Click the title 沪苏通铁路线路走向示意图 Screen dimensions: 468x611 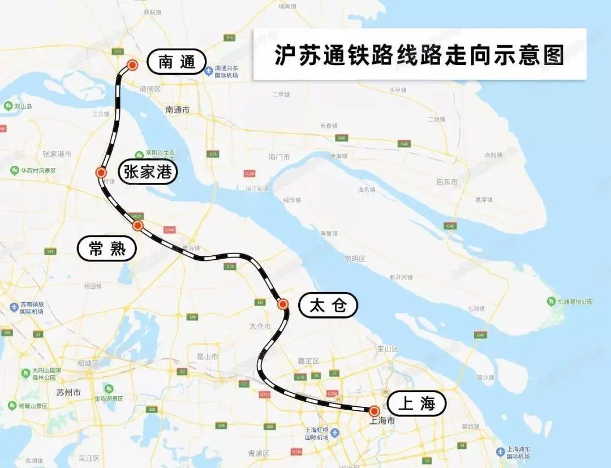419,55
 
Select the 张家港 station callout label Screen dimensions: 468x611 148,171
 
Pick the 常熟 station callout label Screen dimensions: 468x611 107,248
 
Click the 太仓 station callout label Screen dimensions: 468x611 328,306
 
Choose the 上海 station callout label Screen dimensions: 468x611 416,404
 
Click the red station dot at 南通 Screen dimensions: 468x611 132,65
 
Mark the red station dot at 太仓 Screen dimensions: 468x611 283,304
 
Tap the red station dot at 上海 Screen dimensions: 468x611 374,411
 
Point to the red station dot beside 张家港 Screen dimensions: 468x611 101,173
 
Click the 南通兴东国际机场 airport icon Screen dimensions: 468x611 209,71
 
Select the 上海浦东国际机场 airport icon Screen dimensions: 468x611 500,452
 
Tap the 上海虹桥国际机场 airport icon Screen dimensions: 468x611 335,432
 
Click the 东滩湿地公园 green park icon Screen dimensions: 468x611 551,302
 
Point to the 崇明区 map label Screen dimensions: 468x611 355,259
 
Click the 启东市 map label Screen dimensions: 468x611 446,182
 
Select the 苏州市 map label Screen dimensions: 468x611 69,392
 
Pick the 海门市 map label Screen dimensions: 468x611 279,157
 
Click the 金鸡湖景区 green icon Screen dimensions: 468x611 108,389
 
